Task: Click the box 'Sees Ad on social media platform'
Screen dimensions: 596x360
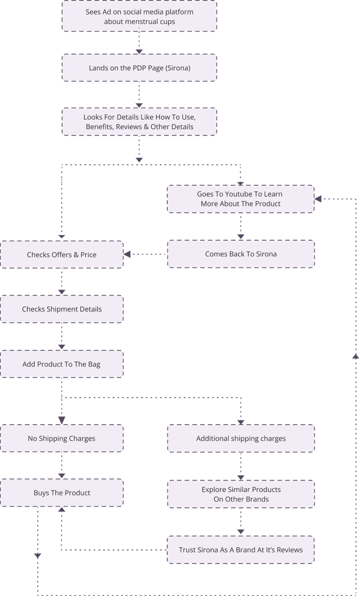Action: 140,16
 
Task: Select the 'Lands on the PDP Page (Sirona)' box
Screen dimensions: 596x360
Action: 140,68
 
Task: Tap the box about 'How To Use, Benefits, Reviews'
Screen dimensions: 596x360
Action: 140,122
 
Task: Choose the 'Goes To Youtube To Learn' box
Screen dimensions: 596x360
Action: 241,198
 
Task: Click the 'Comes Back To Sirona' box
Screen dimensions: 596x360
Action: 241,254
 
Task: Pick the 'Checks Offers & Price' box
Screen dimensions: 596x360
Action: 62,255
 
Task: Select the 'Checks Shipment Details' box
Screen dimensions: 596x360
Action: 62,309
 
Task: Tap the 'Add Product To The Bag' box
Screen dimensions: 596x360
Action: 62,364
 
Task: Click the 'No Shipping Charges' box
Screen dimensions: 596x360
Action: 62,438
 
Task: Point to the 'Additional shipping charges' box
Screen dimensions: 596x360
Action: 241,438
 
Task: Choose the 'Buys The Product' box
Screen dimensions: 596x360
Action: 62,493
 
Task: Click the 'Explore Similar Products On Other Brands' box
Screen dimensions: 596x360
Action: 241,494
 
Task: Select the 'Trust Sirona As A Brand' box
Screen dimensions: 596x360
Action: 241,549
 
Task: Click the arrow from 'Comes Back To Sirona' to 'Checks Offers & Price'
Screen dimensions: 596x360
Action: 145,254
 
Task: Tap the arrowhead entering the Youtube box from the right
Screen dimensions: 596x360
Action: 320,198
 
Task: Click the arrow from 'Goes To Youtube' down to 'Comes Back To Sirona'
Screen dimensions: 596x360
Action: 241,226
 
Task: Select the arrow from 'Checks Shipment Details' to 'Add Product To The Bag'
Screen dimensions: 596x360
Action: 62,337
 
